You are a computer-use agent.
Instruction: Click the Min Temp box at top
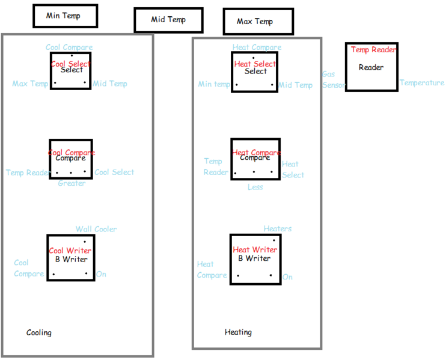point(65,16)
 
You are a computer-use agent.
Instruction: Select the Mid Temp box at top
point(168,20)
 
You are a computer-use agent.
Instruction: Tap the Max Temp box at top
point(258,22)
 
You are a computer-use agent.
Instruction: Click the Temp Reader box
point(371,66)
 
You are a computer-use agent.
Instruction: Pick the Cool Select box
point(71,70)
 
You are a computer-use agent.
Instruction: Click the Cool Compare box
point(71,159)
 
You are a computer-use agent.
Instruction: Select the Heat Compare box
point(255,159)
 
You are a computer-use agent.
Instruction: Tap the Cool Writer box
point(70,258)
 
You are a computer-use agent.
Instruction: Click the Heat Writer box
point(255,258)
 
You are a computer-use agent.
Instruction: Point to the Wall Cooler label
point(96,229)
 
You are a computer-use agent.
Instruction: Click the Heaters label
point(278,228)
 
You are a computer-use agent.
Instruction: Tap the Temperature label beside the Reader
point(422,83)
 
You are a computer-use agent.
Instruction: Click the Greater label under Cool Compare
point(72,183)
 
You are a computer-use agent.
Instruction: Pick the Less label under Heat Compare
point(255,187)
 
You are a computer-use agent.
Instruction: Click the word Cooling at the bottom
point(39,332)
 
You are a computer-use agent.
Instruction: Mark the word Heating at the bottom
point(238,332)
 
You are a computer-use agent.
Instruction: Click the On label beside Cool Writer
point(101,274)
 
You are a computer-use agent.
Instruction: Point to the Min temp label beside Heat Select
point(214,84)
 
